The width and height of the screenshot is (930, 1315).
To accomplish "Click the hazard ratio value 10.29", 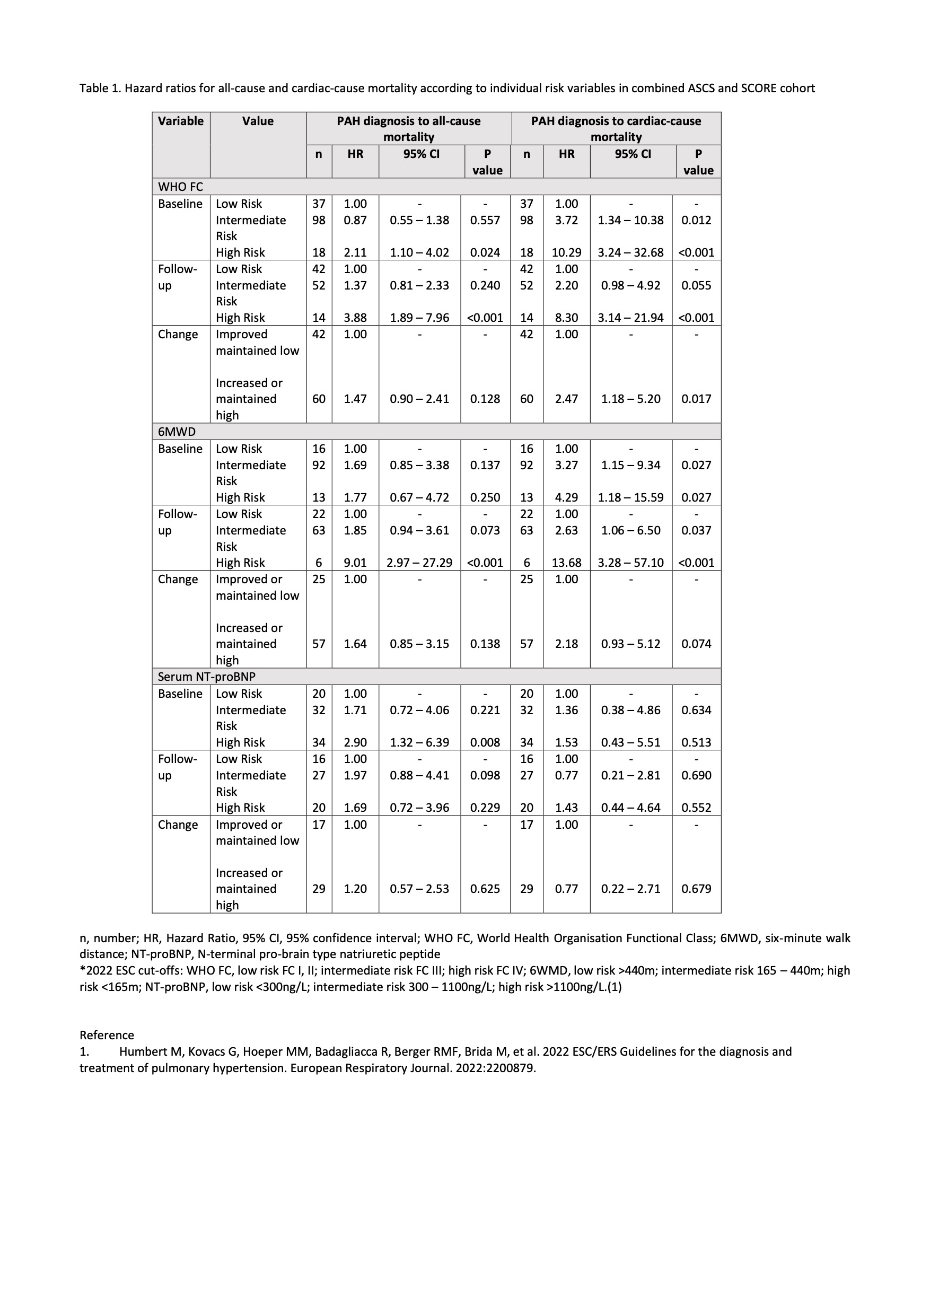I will [566, 252].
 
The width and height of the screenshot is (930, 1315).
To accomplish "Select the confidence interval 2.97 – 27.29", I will [419, 563].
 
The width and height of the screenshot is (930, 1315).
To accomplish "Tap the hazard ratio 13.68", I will [566, 563].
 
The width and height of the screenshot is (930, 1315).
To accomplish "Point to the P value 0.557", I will [485, 221].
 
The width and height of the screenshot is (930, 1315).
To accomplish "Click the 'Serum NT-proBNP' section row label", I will [206, 677].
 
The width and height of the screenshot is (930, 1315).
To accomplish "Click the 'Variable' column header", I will [180, 121].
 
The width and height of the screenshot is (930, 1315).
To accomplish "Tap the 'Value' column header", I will [257, 121].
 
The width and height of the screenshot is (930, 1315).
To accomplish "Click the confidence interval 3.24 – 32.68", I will [630, 252].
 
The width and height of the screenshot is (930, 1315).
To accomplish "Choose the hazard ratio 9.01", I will [355, 563].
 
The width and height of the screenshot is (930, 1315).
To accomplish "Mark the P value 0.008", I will [485, 743].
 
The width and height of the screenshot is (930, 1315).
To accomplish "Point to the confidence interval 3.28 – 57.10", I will [630, 563].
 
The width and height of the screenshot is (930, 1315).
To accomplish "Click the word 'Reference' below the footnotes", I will [107, 1036].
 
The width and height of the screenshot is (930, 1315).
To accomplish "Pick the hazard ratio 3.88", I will [355, 318].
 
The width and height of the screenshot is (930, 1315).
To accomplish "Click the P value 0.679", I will [696, 889].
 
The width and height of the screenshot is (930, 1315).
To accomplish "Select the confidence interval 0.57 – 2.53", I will [419, 889].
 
